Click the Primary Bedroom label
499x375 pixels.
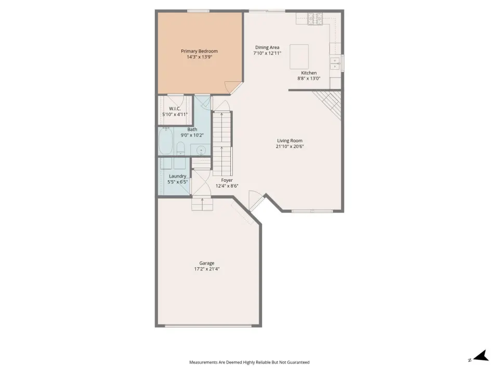click(x=199, y=51)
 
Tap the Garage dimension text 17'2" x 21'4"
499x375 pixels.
click(x=207, y=269)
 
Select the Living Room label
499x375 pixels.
click(x=290, y=141)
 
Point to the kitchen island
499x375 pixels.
click(x=299, y=57)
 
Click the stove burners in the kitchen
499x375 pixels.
click(x=315, y=19)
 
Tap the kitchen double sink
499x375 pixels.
click(x=335, y=63)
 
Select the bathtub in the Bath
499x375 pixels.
click(x=165, y=141)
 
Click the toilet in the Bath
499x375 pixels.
click(x=180, y=148)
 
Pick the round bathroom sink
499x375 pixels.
click(x=201, y=149)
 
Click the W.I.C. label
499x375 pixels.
click(x=175, y=109)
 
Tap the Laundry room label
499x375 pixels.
click(x=178, y=176)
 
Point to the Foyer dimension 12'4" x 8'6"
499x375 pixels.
click(x=227, y=186)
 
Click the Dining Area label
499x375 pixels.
click(x=267, y=47)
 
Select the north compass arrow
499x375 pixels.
click(x=481, y=356)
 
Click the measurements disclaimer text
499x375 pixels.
click(x=249, y=362)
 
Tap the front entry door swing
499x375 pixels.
click(x=256, y=200)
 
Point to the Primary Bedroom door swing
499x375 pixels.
click(x=233, y=87)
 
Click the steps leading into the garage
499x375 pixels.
click(x=202, y=204)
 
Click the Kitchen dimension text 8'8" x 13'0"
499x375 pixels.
click(x=309, y=79)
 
